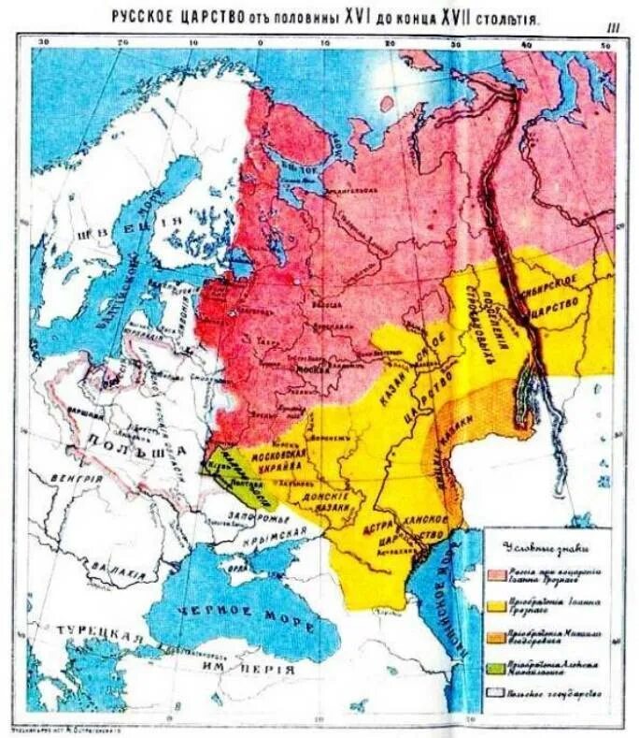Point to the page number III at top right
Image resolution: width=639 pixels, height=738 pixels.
pyautogui.click(x=613, y=28)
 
